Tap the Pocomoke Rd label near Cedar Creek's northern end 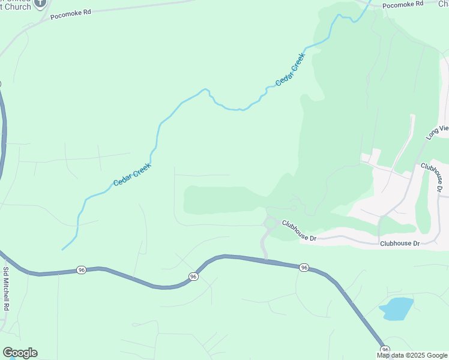(403, 4)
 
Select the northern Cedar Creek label (291, 70)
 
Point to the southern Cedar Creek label (132, 175)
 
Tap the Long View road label (437, 129)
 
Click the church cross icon (41, 3)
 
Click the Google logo (20, 352)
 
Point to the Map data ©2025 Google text (412, 355)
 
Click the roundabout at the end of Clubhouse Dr (270, 223)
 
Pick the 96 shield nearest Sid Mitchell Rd (81, 271)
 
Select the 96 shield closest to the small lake (385, 350)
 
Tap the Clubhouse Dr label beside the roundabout (299, 230)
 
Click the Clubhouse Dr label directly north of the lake (399, 243)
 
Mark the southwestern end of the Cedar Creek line (62, 249)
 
